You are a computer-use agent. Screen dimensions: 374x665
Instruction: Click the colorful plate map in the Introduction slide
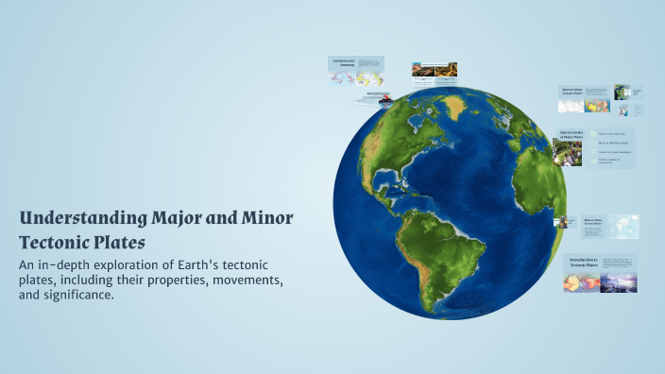(576, 281)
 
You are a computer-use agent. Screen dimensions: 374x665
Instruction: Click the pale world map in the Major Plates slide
(623, 226)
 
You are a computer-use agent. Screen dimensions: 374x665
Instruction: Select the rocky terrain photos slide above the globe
(434, 69)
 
